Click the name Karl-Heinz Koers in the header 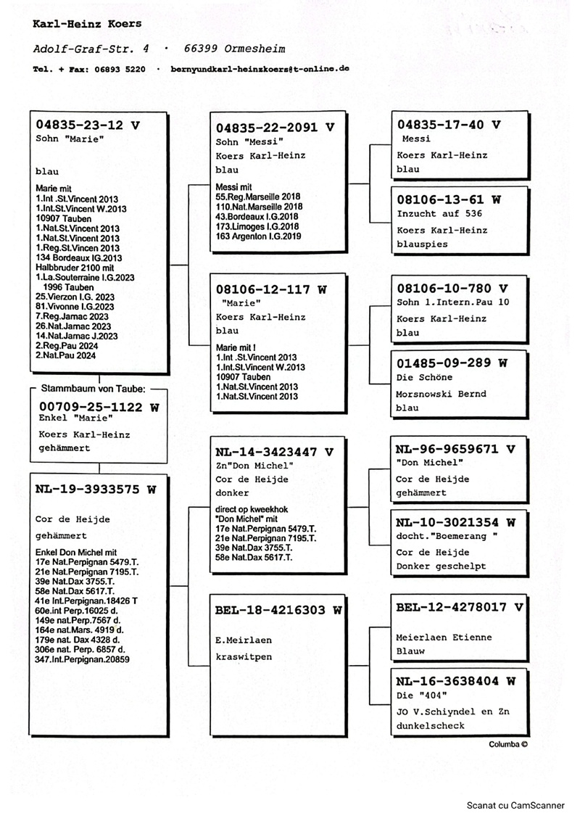pyautogui.click(x=86, y=24)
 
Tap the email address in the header pyautogui.click(x=260, y=69)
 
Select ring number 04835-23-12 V pyautogui.click(x=88, y=124)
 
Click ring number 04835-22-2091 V pyautogui.click(x=275, y=127)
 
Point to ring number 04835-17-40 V pyautogui.click(x=449, y=125)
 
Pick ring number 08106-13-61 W pyautogui.click(x=449, y=199)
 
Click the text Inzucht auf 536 pyautogui.click(x=439, y=214)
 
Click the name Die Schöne pyautogui.click(x=425, y=378)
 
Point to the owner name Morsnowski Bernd pyautogui.click(x=442, y=394)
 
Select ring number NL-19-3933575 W pyautogui.click(x=96, y=489)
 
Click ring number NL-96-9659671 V pyautogui.click(x=455, y=448)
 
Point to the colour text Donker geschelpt pyautogui.click(x=442, y=566)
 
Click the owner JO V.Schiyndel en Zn pyautogui.click(x=453, y=711)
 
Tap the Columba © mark pyautogui.click(x=508, y=744)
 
